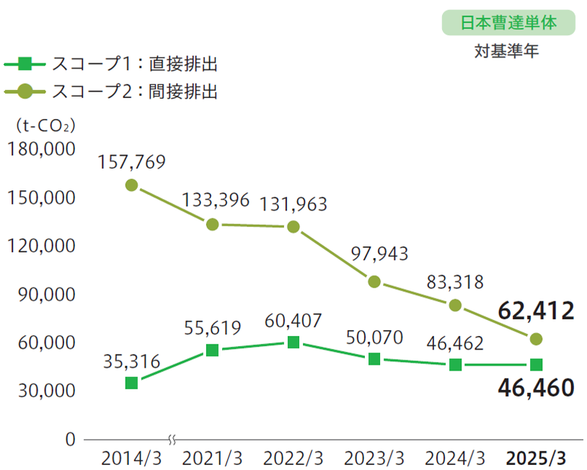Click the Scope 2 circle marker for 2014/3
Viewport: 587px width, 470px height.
click(131, 185)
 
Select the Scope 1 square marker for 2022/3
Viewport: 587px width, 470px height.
click(293, 342)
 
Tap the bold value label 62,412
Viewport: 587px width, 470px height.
click(536, 311)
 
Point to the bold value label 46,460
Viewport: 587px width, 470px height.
click(536, 388)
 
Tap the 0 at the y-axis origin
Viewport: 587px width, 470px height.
click(71, 438)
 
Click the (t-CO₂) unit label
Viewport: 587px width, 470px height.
click(45, 125)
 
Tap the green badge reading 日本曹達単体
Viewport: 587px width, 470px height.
click(508, 22)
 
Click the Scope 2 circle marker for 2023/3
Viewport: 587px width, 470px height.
click(374, 282)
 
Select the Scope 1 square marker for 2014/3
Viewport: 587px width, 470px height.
click(131, 383)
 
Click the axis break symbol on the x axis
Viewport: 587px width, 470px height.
click(172, 438)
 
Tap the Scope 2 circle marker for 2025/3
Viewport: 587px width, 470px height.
click(536, 339)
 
